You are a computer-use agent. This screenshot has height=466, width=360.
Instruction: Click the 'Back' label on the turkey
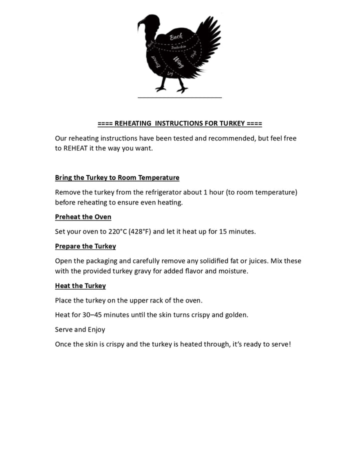176,36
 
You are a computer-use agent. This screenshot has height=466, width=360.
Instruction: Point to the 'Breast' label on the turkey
155,61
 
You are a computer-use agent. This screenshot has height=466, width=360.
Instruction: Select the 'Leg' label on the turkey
170,73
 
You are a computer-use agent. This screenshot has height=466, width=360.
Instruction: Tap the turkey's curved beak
140,23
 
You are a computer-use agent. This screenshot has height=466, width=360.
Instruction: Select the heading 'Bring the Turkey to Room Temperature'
117,177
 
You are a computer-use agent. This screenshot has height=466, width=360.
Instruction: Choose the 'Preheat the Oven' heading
83,216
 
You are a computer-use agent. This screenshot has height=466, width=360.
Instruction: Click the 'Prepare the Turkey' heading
85,246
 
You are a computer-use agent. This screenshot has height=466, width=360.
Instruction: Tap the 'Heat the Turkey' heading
80,285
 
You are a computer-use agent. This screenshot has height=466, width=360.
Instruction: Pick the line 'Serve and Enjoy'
80,329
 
